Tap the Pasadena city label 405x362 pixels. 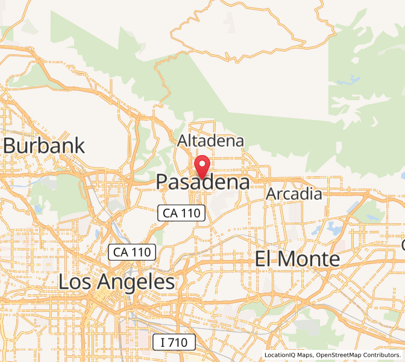coord(202,182)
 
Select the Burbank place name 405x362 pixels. coord(44,146)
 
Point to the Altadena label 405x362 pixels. coord(210,141)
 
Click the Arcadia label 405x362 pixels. coord(294,194)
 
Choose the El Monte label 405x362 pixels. coord(297,259)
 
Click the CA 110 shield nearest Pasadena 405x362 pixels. coord(183,212)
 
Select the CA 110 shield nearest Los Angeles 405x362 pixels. coord(133,252)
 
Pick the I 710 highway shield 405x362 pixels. coord(174,343)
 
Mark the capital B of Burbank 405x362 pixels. coord(10,146)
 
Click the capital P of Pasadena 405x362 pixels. coord(163,182)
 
